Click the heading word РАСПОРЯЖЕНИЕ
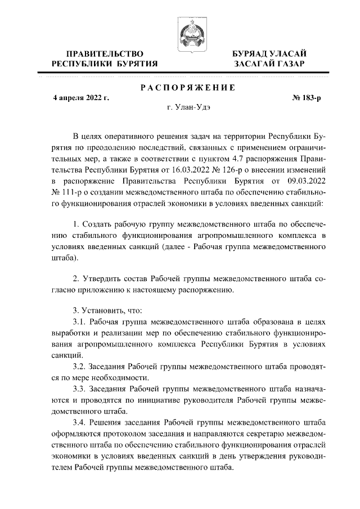click(x=187, y=87)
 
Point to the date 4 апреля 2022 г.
click(x=81, y=97)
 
